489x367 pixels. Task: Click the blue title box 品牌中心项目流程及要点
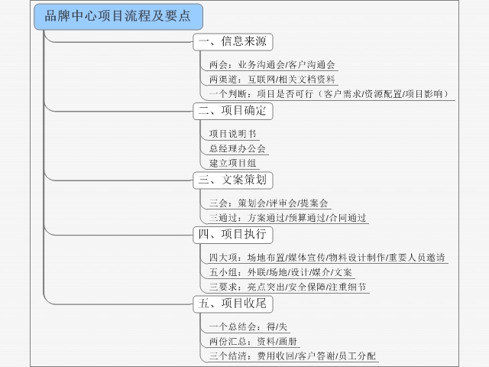point(118,17)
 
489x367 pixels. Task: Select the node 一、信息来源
point(233,42)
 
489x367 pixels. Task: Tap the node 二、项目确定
point(233,111)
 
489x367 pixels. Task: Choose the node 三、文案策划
point(233,180)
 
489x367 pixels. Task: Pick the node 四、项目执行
point(233,235)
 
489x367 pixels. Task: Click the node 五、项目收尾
point(233,304)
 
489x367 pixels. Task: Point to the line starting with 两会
point(272,65)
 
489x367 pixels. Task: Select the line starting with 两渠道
point(272,80)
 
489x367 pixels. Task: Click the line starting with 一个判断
point(329,94)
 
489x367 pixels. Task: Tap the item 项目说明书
point(232,134)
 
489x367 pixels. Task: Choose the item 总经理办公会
point(238,148)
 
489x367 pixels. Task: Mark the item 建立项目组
point(232,163)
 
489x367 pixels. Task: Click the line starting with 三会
point(268,203)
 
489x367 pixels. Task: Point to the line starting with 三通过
point(287,218)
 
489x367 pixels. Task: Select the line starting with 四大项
point(327,258)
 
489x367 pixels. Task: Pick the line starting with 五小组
point(280,272)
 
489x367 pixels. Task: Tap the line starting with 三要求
point(287,287)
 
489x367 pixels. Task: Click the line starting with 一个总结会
point(248,327)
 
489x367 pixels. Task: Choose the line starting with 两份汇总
point(253,342)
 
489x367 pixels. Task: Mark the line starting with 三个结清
point(293,356)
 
